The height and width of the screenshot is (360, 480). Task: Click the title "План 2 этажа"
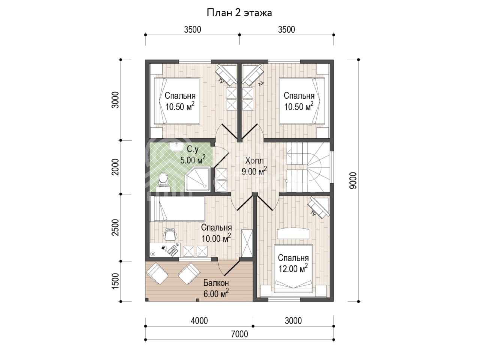239,13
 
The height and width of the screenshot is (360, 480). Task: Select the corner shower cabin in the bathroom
198,179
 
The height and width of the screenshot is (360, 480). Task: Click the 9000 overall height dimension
353,180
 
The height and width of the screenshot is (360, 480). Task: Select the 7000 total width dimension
240,334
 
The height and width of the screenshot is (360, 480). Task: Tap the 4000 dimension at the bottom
199,321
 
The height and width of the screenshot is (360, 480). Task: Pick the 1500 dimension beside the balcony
115,281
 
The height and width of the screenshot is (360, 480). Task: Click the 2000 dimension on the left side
115,167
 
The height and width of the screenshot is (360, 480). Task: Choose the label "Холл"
254,161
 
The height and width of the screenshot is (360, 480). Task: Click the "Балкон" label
216,283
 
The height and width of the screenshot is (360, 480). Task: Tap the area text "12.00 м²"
293,268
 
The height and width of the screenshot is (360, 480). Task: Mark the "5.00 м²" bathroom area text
193,160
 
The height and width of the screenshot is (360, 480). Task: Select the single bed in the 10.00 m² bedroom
177,208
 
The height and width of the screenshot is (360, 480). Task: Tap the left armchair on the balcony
157,273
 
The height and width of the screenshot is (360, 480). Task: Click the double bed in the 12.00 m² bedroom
293,268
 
